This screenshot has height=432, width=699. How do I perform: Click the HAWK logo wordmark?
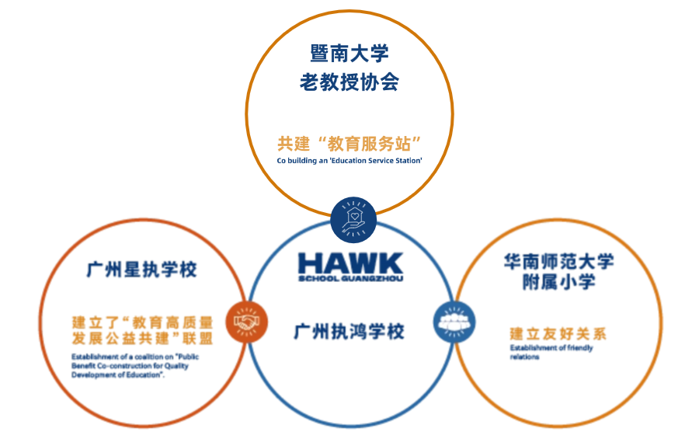click(x=350, y=263)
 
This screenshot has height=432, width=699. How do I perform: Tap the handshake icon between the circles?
click(x=246, y=320)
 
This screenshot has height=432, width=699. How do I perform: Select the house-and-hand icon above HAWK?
click(x=353, y=217)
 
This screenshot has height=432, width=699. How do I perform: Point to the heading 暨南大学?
click(x=349, y=54)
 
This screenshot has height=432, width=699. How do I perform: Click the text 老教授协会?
click(x=349, y=82)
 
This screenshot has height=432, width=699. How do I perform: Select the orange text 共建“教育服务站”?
click(x=349, y=144)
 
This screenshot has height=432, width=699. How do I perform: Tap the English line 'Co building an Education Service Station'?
click(x=349, y=160)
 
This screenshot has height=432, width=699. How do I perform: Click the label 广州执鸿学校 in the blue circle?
click(x=349, y=332)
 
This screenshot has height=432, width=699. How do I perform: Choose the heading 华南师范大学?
click(x=558, y=261)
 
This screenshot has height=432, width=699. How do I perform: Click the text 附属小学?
click(x=558, y=282)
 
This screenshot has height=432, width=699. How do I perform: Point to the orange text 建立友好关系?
click(x=558, y=334)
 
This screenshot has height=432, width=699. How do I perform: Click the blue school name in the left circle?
click(x=141, y=270)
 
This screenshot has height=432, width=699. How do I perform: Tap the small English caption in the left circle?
click(x=129, y=365)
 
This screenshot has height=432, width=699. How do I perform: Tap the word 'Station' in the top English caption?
click(x=409, y=160)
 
